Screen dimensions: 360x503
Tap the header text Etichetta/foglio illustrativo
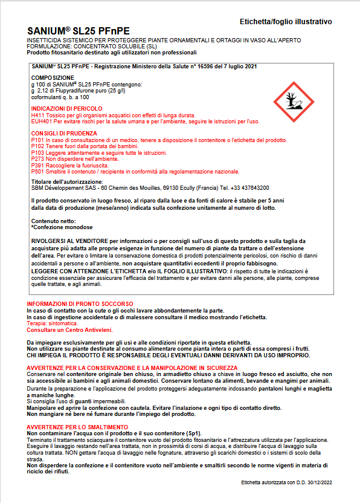pos(286,22)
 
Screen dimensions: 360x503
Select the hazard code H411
pos(37,115)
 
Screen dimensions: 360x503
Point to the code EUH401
pos(40,121)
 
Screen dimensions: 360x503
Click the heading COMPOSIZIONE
pos(53,78)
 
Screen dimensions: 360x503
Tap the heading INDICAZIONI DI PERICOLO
pos(66,108)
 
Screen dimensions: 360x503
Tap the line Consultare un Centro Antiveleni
pos(67,330)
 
